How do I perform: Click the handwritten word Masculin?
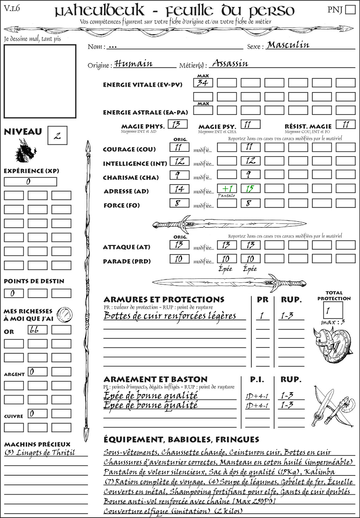288,45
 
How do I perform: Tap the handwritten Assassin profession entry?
230,64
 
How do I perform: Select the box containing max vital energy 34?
203,83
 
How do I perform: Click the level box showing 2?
57,136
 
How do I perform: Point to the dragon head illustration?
25,151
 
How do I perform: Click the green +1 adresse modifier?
227,188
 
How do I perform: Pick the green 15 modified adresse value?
250,188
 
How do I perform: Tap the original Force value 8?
179,203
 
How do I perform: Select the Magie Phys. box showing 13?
178,124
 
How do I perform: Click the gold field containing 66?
37,330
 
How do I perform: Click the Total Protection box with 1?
333,310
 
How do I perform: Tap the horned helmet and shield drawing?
331,345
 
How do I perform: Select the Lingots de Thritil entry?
40,453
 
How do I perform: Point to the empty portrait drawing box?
40,81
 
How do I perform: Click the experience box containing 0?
30,182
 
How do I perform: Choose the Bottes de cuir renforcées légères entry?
170,316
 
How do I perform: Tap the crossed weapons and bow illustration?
332,407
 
